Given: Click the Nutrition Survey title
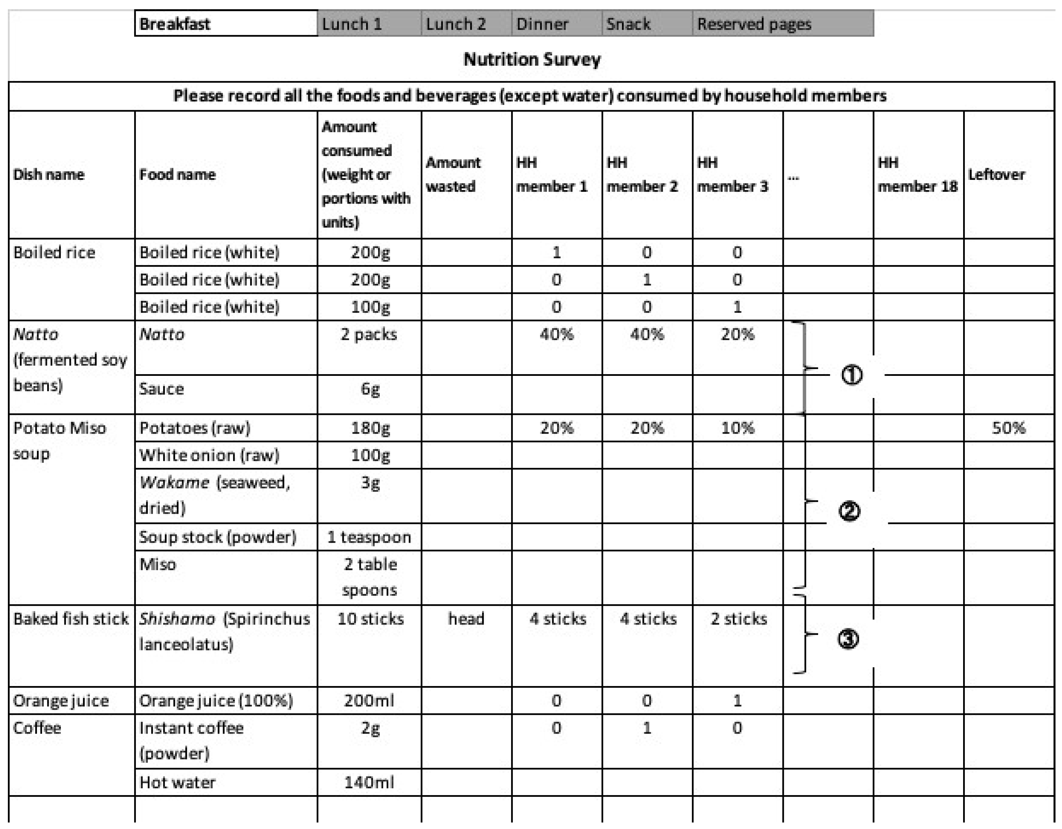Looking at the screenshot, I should [x=532, y=59].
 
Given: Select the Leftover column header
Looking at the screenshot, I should [x=996, y=174].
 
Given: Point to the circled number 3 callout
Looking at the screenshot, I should [x=848, y=639].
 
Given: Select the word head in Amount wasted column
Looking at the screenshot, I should [x=466, y=619].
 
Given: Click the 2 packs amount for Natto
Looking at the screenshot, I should [x=369, y=334].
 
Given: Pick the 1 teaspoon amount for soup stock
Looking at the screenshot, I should [x=369, y=537].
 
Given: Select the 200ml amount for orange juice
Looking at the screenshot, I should [x=369, y=701].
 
